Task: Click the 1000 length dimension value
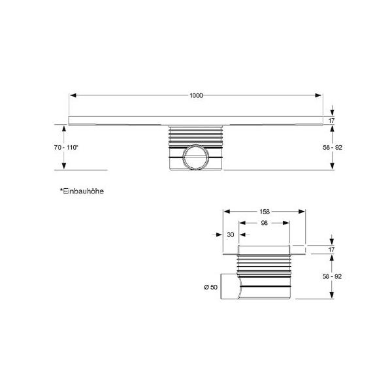click(x=196, y=95)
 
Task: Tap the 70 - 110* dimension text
click(x=66, y=148)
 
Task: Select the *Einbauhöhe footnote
click(x=82, y=191)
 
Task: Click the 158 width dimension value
click(x=265, y=212)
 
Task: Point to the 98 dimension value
click(x=264, y=223)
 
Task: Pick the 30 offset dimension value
click(x=231, y=235)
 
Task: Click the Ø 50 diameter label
click(x=211, y=287)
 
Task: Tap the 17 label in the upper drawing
click(x=331, y=121)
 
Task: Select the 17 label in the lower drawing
click(x=331, y=250)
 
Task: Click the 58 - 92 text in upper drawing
click(x=333, y=148)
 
